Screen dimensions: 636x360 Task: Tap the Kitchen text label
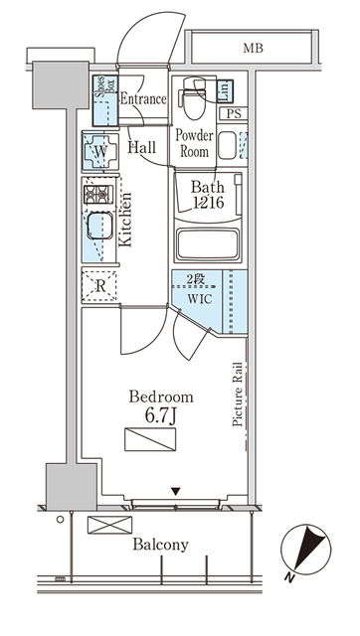click(x=125, y=224)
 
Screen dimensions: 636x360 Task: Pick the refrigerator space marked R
click(x=100, y=286)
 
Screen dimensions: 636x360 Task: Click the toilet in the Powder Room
click(x=188, y=99)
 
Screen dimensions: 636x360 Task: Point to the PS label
click(x=233, y=114)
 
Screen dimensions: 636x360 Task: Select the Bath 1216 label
click(x=209, y=195)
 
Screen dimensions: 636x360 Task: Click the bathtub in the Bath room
click(x=208, y=245)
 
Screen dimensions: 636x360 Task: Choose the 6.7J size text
click(x=161, y=415)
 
